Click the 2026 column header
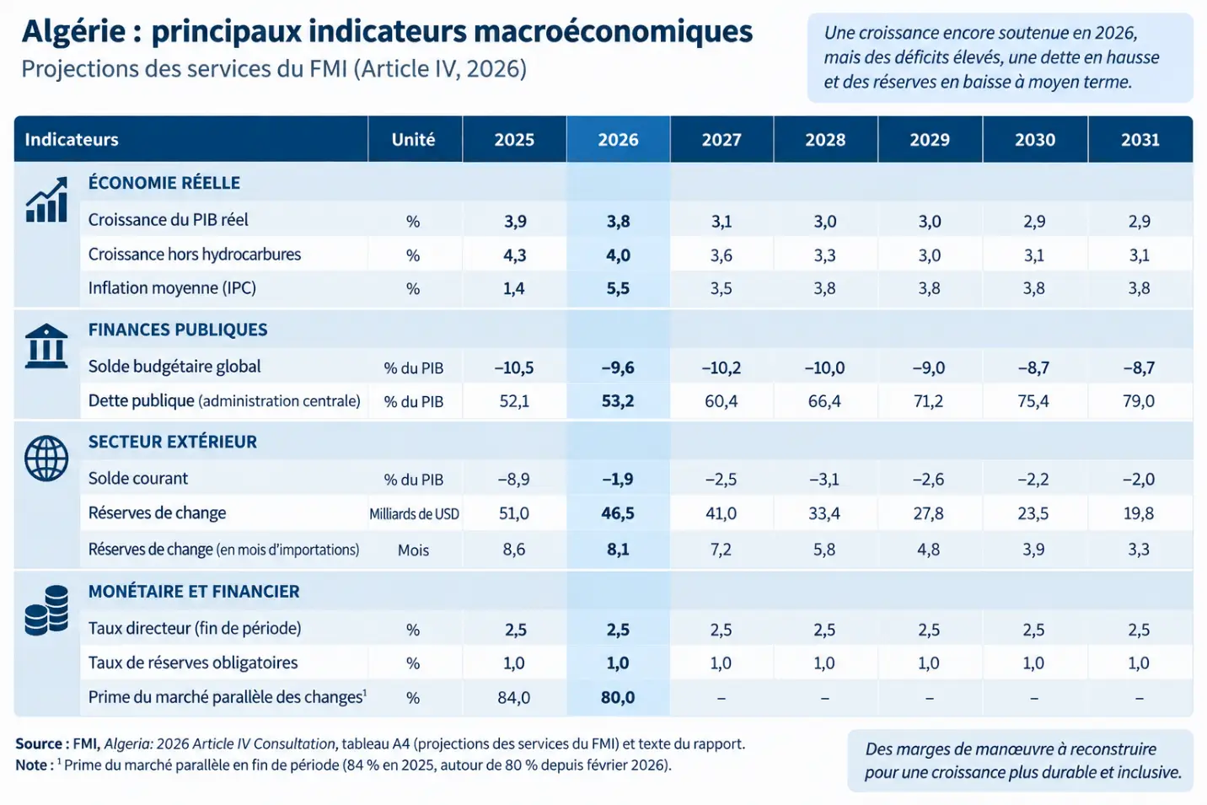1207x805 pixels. [618, 140]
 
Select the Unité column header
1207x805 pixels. [413, 140]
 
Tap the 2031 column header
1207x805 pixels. [1140, 140]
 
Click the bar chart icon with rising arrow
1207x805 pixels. [47, 200]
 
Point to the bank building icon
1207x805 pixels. [46, 346]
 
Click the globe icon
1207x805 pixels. [46, 458]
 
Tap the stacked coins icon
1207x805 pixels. [47, 610]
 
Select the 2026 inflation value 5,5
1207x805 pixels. [618, 288]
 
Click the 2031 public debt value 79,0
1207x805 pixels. [1139, 401]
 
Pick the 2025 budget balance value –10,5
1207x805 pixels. [514, 368]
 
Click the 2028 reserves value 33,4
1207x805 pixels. [824, 513]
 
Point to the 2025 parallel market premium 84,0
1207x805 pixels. [514, 697]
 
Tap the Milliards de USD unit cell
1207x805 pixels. [414, 514]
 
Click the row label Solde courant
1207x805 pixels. [138, 479]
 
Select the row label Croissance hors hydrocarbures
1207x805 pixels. [195, 255]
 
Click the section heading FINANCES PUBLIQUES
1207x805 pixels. [178, 330]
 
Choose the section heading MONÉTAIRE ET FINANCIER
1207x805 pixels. [194, 591]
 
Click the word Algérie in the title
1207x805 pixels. [74, 32]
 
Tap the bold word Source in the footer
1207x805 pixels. [39, 743]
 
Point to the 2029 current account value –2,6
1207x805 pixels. [928, 479]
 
